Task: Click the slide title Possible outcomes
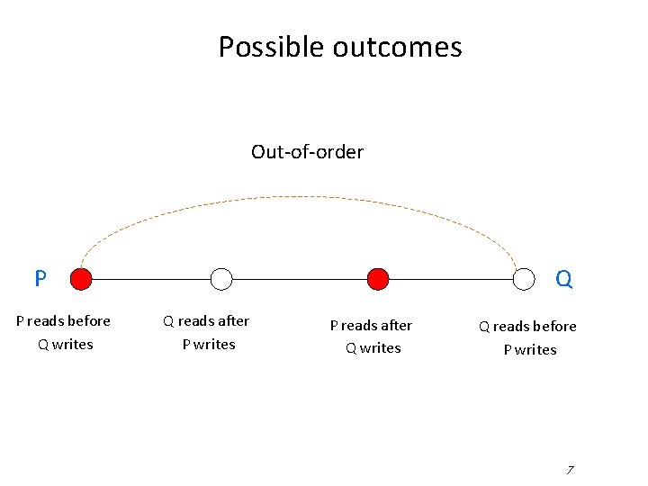(x=340, y=47)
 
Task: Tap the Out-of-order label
(x=307, y=152)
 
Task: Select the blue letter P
(x=40, y=279)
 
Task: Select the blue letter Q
(x=564, y=280)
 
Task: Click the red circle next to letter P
(x=81, y=279)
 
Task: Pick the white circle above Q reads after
(x=221, y=279)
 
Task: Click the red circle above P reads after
(x=379, y=279)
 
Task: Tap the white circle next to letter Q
(x=524, y=279)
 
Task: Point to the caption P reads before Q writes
(x=64, y=332)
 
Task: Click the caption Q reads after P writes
(x=207, y=332)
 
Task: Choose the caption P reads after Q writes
(x=372, y=337)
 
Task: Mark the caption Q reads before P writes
(x=528, y=337)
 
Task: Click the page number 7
(x=570, y=470)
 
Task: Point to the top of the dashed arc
(x=302, y=197)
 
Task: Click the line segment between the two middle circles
(x=301, y=279)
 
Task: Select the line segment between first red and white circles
(x=151, y=279)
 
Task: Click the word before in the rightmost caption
(x=553, y=327)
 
